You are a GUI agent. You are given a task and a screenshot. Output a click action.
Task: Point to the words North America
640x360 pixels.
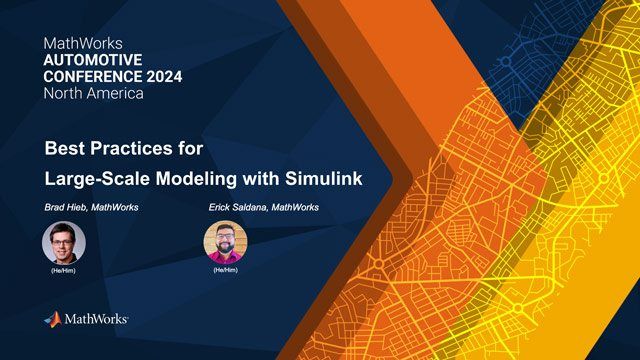point(94,93)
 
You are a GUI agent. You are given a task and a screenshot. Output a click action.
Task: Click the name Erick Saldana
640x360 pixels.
point(237,207)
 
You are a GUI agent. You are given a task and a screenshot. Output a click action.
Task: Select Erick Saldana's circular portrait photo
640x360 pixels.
point(225,241)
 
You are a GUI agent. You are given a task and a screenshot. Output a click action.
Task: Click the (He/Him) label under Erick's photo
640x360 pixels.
point(225,270)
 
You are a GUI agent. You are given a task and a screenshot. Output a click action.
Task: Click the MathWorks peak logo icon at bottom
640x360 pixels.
point(53,319)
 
